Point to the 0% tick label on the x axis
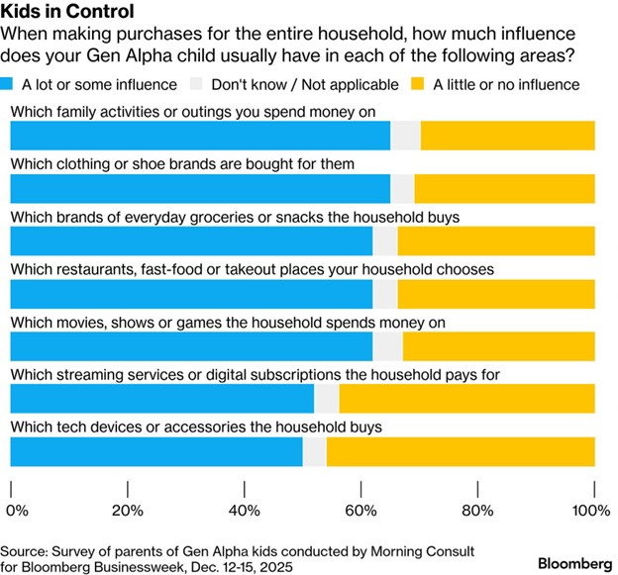[x=18, y=511]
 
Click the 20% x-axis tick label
[x=127, y=511]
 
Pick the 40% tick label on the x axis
[x=244, y=511]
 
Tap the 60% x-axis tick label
[x=360, y=511]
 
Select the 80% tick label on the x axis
[x=477, y=511]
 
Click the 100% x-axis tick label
[x=591, y=511]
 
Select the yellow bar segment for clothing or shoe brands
[x=504, y=187]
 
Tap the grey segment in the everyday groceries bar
[x=384, y=240]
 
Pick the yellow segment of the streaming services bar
[x=466, y=399]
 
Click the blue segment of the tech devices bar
[x=156, y=451]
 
